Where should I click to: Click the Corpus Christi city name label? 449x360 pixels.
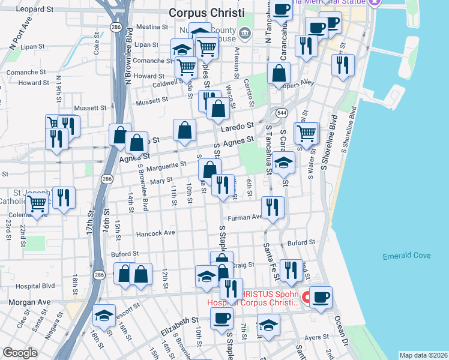[x=206, y=12]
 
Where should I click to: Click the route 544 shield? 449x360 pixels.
[x=282, y=113]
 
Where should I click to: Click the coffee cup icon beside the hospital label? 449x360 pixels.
[x=321, y=296]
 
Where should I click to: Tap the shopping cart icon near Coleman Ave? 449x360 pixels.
[x=37, y=204]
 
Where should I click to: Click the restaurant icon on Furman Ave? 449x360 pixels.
[x=273, y=207]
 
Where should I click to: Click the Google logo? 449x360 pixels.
[x=20, y=352]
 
